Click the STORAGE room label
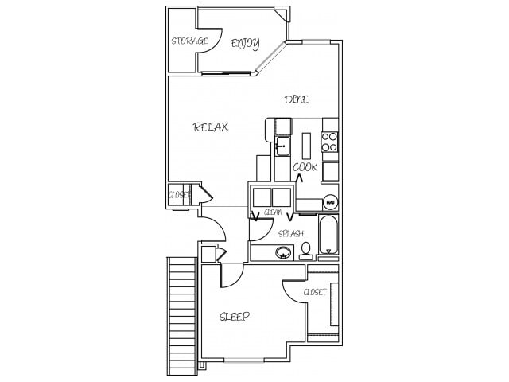pos(189,41)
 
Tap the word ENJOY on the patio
pos(245,43)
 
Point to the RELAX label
pos(212,127)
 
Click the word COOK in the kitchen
pos(305,167)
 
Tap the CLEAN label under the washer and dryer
pos(273,212)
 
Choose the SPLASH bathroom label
pos(290,233)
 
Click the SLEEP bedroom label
pos(235,317)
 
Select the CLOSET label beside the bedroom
pos(315,292)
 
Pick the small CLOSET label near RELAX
pos(179,194)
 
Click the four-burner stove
pos(329,141)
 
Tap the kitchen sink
pos(282,146)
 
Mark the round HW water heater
pos(329,203)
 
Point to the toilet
pos(305,251)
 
